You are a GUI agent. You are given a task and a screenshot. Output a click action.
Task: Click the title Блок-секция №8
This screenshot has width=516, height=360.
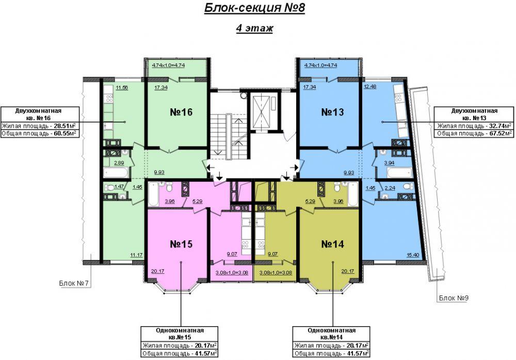click(x=254, y=8)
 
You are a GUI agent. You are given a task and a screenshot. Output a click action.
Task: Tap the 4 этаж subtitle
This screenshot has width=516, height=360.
click(x=254, y=28)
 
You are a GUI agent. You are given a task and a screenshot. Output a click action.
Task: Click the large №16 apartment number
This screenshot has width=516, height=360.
click(x=181, y=112)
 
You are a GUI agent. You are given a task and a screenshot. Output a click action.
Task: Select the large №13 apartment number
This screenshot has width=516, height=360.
click(x=332, y=112)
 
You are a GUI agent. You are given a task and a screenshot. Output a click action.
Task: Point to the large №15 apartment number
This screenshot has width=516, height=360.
click(x=181, y=244)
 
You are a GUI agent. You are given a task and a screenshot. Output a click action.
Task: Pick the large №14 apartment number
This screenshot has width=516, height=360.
click(x=332, y=244)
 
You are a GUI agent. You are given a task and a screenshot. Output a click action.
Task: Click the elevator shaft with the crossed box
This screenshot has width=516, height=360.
click(x=263, y=111)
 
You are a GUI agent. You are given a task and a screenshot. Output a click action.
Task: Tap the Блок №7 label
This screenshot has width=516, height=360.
click(x=74, y=283)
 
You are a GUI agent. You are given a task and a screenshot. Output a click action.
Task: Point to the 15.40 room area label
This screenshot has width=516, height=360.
click(x=413, y=255)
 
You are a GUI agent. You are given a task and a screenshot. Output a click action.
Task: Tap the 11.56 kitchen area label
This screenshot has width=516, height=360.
click(x=122, y=88)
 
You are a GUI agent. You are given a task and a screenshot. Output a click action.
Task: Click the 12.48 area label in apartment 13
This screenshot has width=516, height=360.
click(x=370, y=87)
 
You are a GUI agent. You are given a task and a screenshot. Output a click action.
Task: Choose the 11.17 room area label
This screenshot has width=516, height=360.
click(x=137, y=255)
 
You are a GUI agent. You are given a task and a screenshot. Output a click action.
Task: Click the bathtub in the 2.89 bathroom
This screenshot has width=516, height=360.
click(x=116, y=172)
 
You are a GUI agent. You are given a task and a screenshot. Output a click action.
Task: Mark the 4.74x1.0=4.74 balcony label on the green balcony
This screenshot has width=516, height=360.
click(x=168, y=65)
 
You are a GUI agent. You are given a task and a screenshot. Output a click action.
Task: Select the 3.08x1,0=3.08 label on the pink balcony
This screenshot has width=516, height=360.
click(x=232, y=272)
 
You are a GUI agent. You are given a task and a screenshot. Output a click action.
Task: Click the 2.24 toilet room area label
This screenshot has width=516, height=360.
click(x=390, y=188)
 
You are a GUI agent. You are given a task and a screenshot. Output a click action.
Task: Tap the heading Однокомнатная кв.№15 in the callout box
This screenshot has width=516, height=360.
click(x=180, y=334)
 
